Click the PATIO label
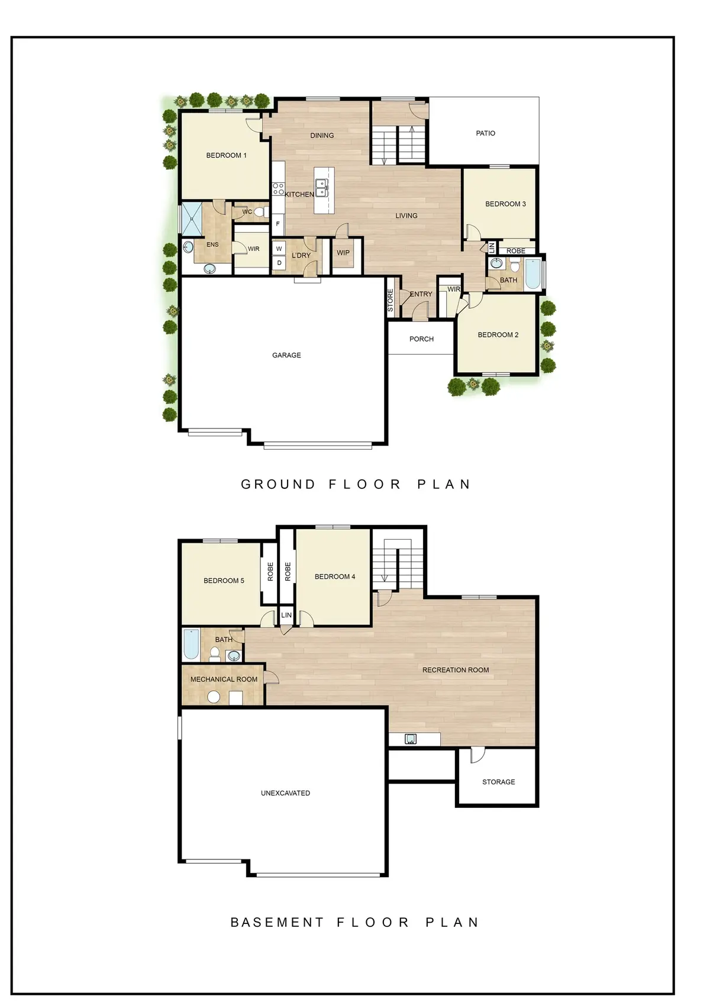[x=485, y=133]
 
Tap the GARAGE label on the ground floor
[x=286, y=355]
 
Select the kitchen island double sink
[x=322, y=189]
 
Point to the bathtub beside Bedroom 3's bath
[x=532, y=273]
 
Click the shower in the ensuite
[x=192, y=220]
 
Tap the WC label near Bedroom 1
[x=247, y=212]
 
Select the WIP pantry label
[x=343, y=253]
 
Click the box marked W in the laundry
[x=279, y=249]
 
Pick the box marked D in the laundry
[x=279, y=263]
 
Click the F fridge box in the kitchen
[x=278, y=224]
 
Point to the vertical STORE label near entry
[x=390, y=301]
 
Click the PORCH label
[x=421, y=339]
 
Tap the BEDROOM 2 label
[x=498, y=335]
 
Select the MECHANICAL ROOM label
[x=224, y=679]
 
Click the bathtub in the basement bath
[x=191, y=645]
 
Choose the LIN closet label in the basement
[x=286, y=616]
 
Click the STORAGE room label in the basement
[x=498, y=782]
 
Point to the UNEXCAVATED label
[x=285, y=793]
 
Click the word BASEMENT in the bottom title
[x=277, y=922]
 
